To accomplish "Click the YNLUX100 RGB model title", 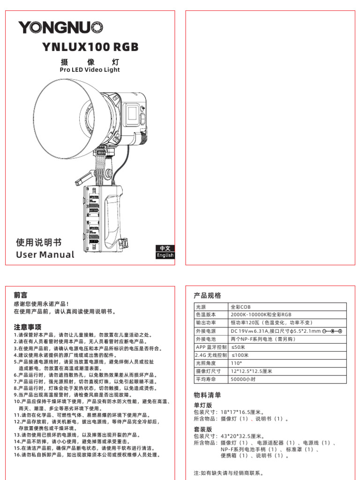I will coord(90,47).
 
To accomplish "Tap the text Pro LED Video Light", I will coord(90,70).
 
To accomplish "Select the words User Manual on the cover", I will coord(45,255).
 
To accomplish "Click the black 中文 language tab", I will coord(165,248).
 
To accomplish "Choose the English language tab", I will coord(165,255).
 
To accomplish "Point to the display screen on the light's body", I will coord(133,113).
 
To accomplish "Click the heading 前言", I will coord(21,295).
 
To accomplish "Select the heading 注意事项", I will coord(28,327).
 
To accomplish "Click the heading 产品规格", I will coord(207,296).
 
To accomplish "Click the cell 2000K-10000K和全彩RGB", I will coord(261,315).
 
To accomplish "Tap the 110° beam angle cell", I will coord(237,363).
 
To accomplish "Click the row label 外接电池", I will coord(206,339).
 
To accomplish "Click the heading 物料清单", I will coord(207,395).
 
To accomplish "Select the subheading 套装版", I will coord(202,429).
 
